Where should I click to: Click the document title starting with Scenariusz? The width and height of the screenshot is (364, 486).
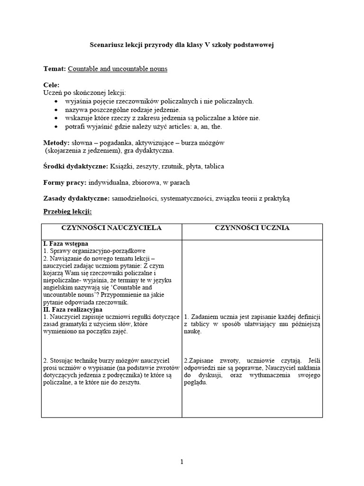[x=182, y=45]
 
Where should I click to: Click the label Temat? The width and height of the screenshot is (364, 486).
[x=55, y=69]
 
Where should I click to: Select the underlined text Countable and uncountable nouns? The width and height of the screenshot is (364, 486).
[x=118, y=69]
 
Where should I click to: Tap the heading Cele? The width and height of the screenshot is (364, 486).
[x=52, y=85]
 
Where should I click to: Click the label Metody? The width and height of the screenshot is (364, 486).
[x=56, y=143]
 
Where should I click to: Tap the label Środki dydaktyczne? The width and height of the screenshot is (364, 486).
[x=75, y=167]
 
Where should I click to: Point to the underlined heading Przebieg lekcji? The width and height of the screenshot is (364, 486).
[x=67, y=212]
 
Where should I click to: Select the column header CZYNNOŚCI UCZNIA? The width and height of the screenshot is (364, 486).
[x=252, y=228]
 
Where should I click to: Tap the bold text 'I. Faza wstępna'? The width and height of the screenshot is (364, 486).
[x=66, y=243]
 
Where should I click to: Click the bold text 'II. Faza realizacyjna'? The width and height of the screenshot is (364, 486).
[x=76, y=309]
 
